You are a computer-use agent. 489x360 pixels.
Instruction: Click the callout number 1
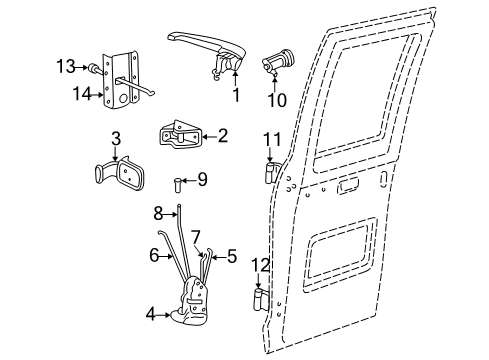pos(236,97)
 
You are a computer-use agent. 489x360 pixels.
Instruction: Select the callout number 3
pos(116,137)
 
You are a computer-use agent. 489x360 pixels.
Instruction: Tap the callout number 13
pos(66,67)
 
